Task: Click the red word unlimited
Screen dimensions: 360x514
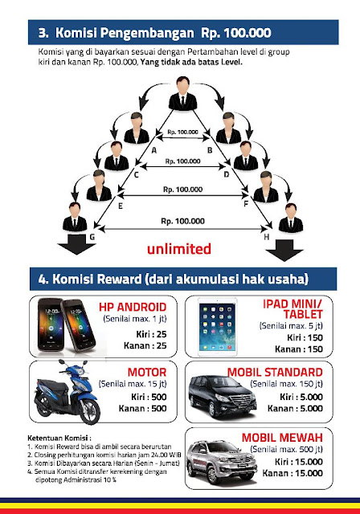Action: point(179,249)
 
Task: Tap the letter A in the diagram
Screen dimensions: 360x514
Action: point(153,150)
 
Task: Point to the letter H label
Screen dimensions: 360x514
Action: point(267,237)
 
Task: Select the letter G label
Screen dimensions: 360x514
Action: point(92,237)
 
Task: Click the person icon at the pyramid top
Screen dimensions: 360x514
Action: point(182,93)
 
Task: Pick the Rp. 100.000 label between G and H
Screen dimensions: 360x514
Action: point(182,222)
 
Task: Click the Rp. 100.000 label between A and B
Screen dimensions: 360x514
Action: point(182,132)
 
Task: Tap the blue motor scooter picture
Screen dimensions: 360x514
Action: point(67,392)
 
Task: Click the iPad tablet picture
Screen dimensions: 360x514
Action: point(217,327)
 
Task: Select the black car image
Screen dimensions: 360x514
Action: point(222,396)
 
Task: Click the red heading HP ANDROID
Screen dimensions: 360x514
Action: point(133,307)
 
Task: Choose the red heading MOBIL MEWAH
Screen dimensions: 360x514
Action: point(282,438)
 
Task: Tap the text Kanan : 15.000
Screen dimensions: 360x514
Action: point(292,473)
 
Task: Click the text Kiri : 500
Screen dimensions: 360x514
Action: point(149,397)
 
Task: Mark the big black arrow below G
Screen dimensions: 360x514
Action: point(76,244)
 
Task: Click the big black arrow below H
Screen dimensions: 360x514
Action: point(284,251)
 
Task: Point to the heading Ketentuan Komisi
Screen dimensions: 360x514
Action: point(59,438)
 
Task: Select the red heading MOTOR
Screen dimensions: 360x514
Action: point(147,373)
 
